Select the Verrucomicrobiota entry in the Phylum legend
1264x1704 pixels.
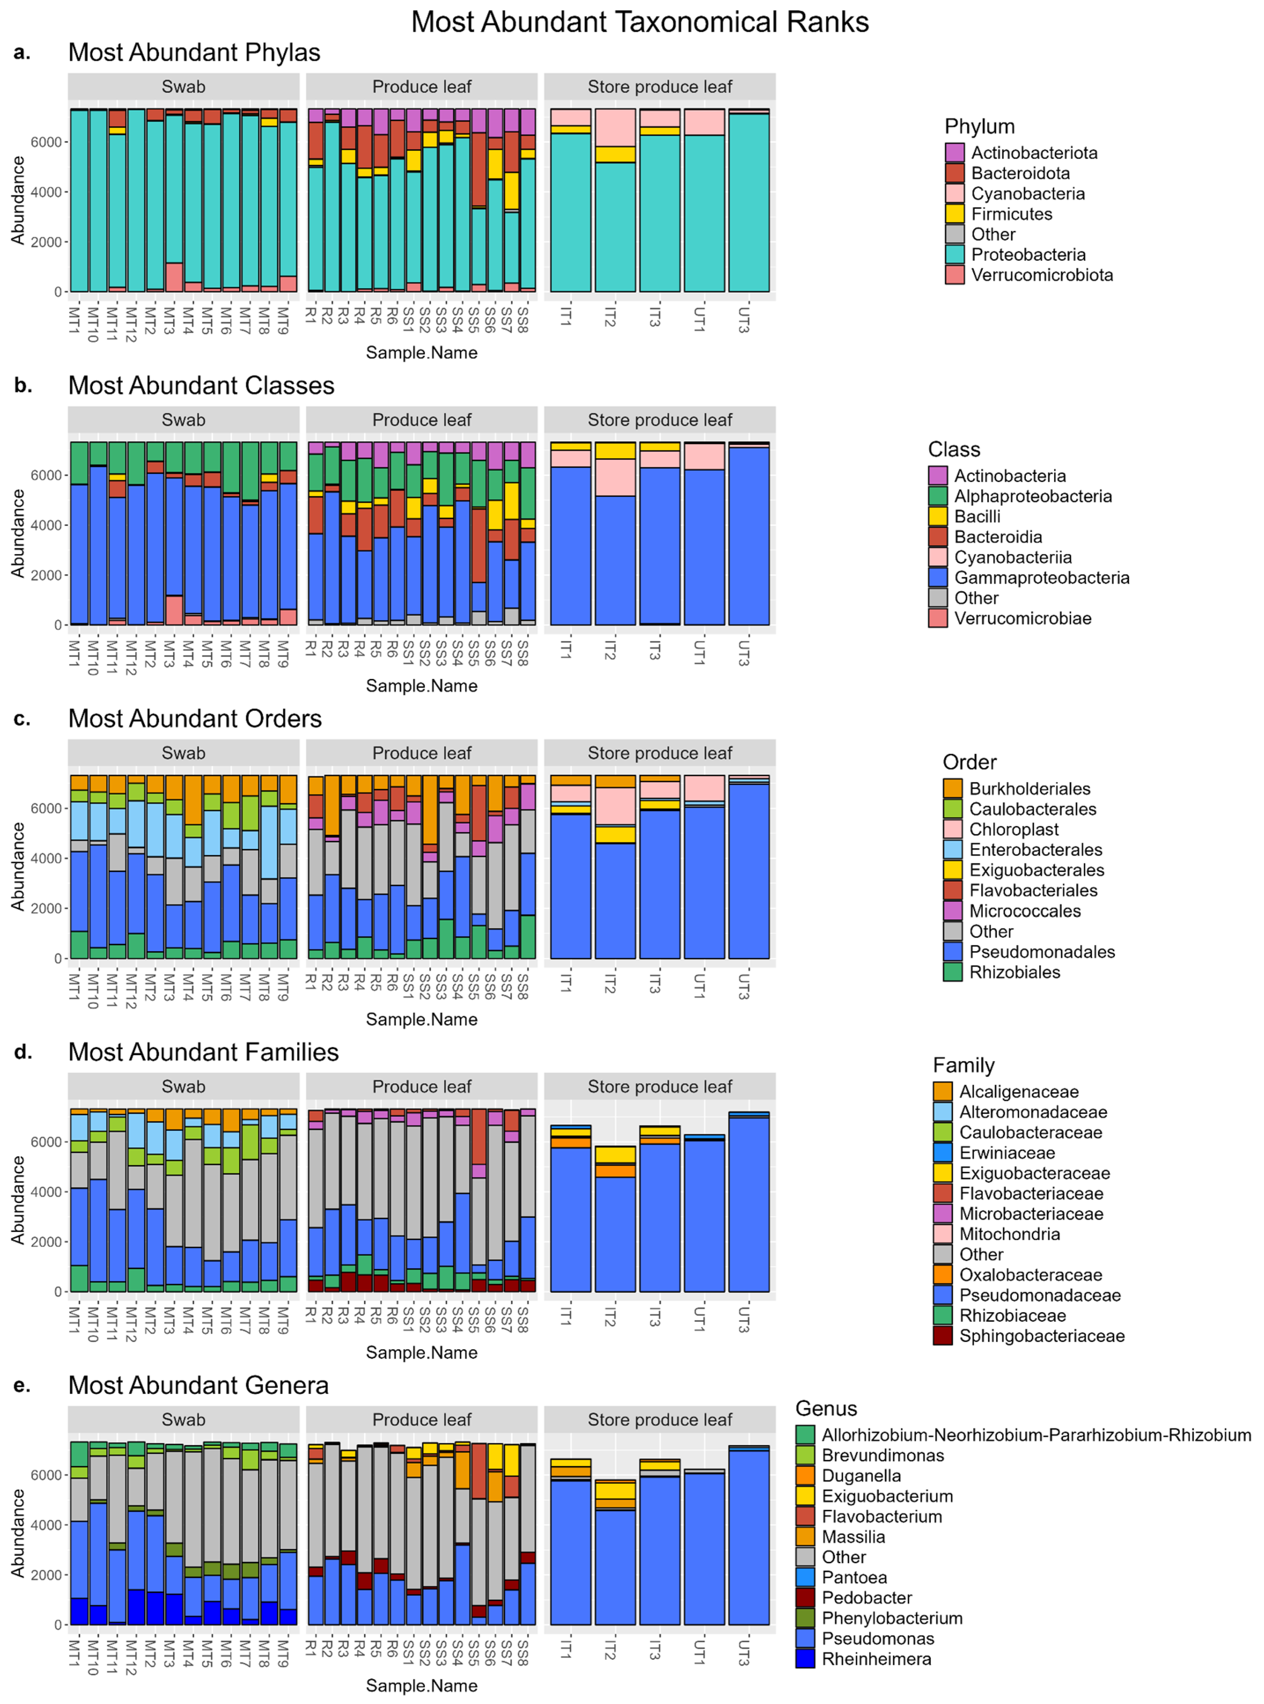coord(1041,275)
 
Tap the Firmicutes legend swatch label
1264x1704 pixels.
coord(1011,214)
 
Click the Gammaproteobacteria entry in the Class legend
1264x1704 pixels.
coord(1040,578)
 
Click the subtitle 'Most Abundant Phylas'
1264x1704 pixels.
coord(194,52)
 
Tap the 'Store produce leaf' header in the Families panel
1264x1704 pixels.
coord(659,1086)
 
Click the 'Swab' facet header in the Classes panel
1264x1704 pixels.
coord(184,420)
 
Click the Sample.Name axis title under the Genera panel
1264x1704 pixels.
coord(421,1686)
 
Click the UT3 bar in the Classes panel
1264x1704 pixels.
coord(748,536)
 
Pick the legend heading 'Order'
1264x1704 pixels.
coord(970,762)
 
